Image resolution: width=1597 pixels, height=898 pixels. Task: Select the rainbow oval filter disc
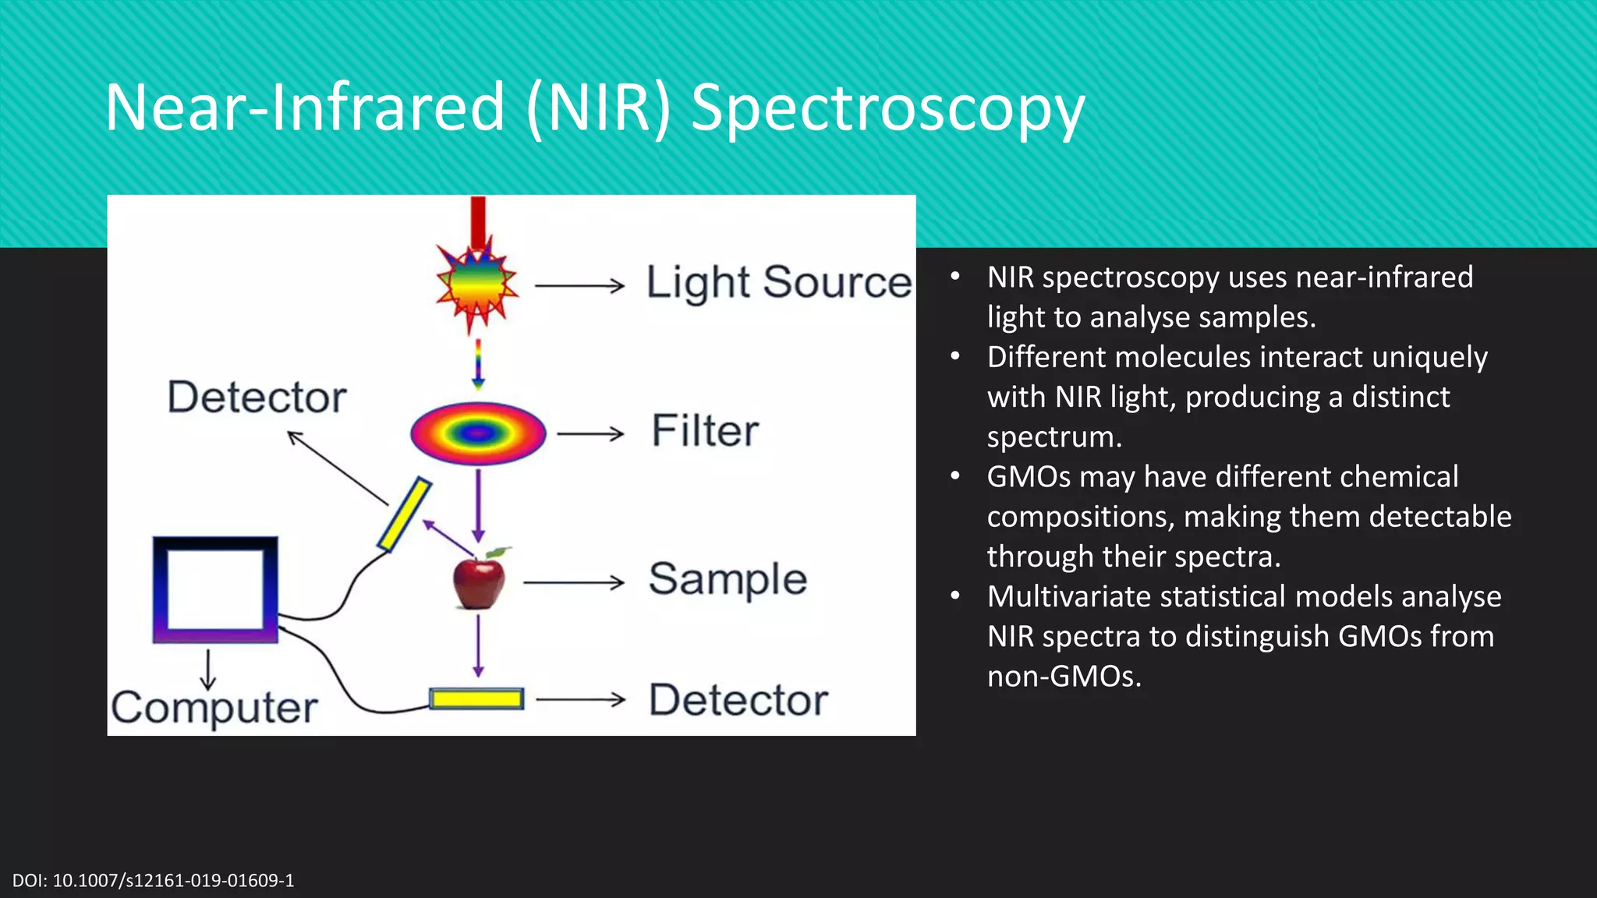click(478, 433)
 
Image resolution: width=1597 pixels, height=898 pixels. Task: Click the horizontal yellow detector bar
click(476, 699)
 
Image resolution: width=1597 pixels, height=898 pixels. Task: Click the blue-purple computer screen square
click(215, 590)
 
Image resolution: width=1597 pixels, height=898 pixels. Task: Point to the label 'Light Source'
click(778, 282)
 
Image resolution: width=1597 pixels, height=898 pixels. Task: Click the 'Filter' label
click(705, 431)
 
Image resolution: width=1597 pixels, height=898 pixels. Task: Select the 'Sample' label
click(728, 579)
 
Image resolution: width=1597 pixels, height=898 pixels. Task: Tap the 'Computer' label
click(214, 708)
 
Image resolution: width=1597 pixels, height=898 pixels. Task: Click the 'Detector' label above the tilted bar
click(257, 398)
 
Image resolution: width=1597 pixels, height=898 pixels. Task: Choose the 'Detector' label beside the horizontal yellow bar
click(738, 700)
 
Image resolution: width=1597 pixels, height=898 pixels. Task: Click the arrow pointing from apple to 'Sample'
click(573, 582)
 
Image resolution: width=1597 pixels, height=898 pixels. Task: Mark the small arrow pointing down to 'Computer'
click(207, 670)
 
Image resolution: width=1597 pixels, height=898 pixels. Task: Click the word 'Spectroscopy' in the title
click(887, 108)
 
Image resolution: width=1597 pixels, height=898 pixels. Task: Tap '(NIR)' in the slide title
click(598, 108)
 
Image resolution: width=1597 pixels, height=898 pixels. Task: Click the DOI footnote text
click(154, 881)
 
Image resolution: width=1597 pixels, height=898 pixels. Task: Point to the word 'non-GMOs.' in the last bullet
click(1064, 677)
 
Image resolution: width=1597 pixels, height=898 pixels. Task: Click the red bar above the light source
click(478, 221)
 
